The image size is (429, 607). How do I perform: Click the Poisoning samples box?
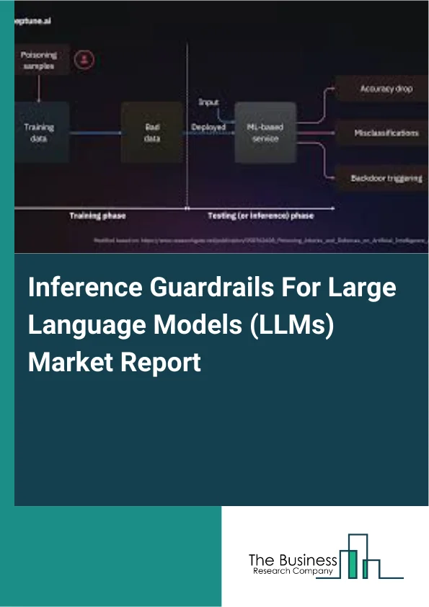[x=40, y=60]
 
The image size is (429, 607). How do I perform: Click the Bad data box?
[x=152, y=133]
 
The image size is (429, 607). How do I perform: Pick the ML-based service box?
[x=266, y=132]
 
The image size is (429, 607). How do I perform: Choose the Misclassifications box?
[x=386, y=133]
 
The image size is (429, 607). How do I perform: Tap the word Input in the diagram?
[x=208, y=102]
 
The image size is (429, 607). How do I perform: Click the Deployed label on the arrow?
[x=208, y=127]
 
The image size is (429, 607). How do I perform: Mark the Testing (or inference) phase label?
[x=260, y=216]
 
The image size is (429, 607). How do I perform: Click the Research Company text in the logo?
[x=291, y=571]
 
